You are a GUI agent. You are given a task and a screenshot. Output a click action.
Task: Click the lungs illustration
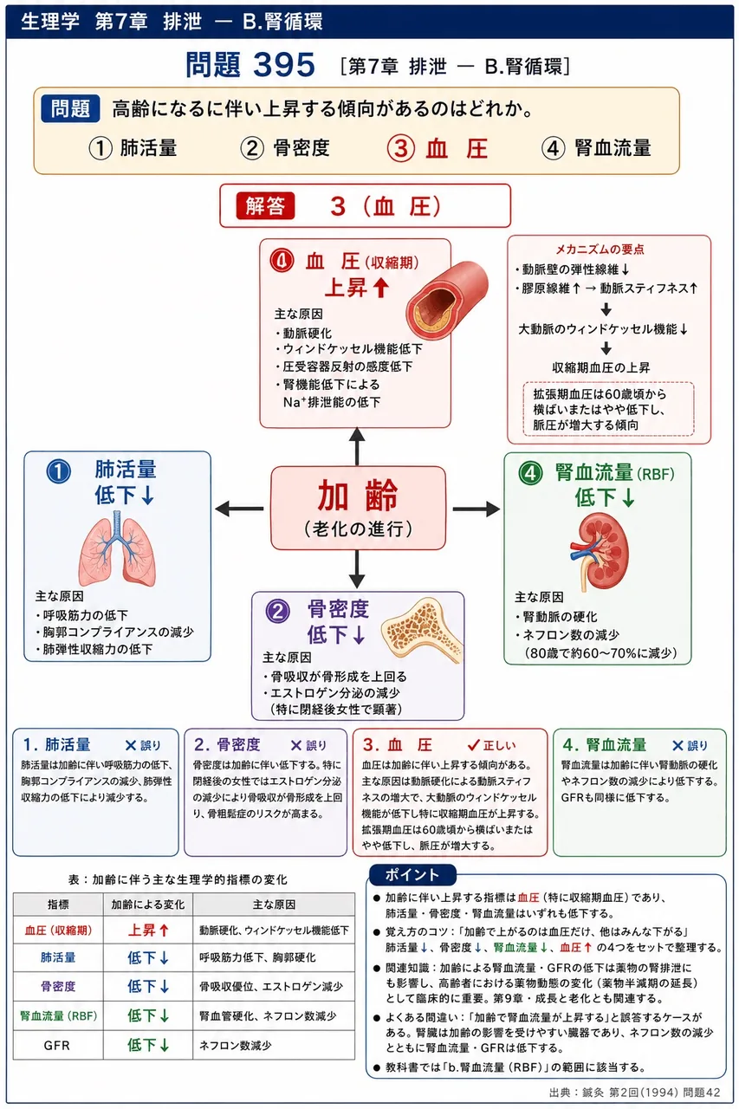117,548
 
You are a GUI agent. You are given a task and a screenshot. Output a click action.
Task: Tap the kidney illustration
600,552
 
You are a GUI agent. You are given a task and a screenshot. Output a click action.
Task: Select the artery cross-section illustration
446,301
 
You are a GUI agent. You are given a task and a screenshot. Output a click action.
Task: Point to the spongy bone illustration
422,630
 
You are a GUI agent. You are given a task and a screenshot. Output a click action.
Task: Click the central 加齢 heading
358,495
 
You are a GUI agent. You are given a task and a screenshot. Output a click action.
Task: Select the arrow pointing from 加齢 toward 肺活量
239,509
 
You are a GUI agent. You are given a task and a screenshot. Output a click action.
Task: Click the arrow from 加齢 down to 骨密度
357,569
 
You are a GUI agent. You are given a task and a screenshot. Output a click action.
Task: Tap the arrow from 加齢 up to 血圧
357,446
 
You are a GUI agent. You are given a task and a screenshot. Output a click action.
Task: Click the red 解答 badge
265,206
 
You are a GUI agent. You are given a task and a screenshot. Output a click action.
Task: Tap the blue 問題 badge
71,108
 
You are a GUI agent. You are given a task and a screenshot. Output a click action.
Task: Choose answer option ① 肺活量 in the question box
133,148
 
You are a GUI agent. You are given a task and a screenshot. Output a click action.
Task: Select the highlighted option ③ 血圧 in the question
438,148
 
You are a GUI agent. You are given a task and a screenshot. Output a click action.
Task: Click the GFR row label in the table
57,1045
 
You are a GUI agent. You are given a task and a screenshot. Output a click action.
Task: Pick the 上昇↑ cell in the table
148,931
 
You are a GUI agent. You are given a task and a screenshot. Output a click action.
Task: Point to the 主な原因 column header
274,905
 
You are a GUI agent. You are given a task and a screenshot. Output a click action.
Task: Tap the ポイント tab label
412,875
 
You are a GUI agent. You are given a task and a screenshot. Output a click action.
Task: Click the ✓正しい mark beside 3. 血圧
491,745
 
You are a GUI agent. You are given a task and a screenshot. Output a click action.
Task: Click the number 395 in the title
284,65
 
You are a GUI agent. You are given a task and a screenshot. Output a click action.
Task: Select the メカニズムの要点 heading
600,249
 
